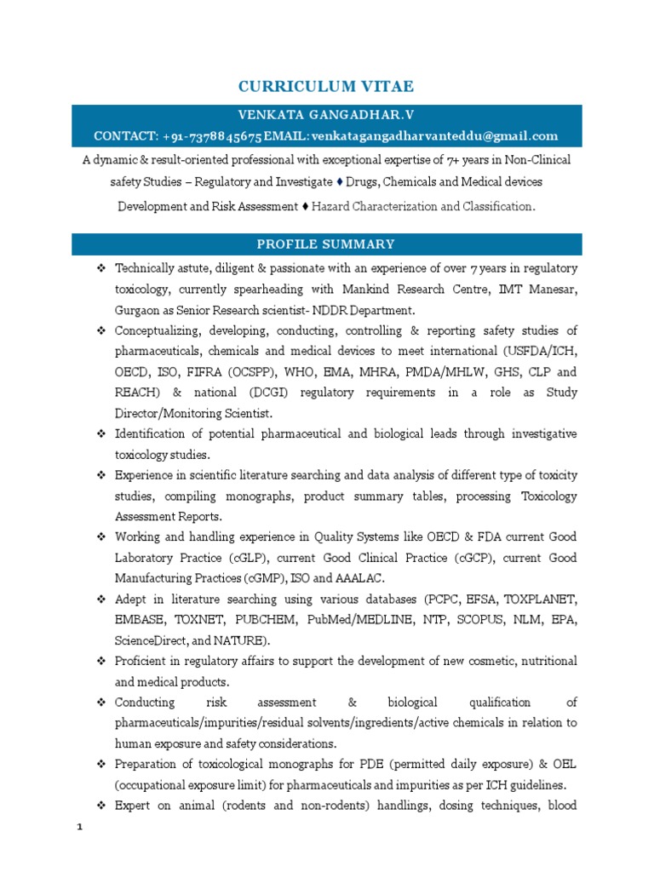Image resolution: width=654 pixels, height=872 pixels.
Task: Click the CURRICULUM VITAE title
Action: pos(326,86)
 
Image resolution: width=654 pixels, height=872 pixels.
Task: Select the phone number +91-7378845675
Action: pos(211,135)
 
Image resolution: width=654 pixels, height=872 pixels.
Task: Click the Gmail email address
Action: pos(434,135)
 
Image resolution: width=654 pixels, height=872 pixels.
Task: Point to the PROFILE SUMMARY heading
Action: pos(326,244)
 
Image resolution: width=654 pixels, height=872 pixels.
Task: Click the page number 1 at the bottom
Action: pos(78,827)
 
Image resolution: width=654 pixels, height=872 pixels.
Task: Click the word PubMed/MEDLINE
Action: pos(341,620)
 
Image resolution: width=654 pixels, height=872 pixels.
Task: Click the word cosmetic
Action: pos(462,661)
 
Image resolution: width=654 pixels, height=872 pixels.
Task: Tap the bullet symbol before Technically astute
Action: pos(100,269)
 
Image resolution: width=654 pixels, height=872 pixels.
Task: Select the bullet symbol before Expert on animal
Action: pos(100,806)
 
